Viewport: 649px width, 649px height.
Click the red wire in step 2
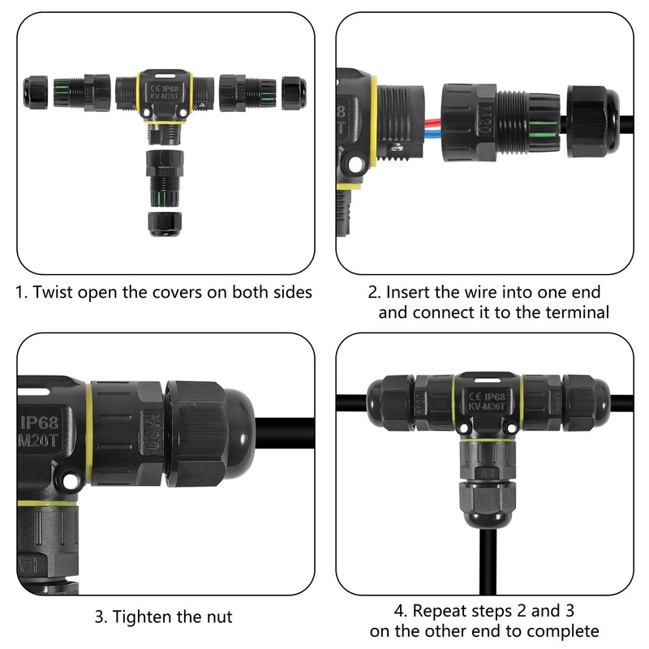[x=433, y=123]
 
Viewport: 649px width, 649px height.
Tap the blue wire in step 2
[x=433, y=131]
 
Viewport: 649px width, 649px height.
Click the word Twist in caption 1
[x=53, y=292]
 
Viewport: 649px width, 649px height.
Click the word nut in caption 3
[x=220, y=617]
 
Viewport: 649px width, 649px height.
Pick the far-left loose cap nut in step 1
[x=35, y=92]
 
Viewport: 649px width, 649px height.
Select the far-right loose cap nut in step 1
[x=294, y=92]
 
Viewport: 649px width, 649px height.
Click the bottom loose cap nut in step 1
[x=165, y=225]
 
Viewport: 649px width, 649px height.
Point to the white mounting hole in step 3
[x=71, y=480]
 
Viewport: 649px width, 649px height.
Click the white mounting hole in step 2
[x=355, y=164]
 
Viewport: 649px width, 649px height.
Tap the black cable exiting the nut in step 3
[x=285, y=433]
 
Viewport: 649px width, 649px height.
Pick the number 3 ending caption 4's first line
[x=569, y=611]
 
